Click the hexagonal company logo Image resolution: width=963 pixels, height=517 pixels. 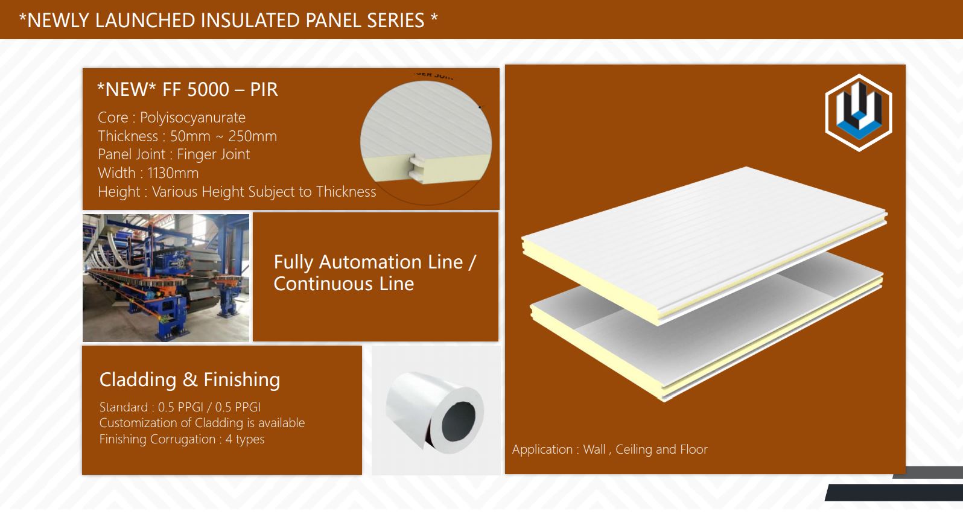[859, 113]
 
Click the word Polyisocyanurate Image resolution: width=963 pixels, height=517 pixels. [192, 117]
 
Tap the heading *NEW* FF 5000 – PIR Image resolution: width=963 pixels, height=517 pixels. [188, 89]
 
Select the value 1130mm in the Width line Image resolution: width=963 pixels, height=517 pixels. [173, 173]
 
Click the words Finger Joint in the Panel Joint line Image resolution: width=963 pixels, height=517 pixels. [213, 154]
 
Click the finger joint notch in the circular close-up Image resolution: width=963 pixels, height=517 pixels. [416, 168]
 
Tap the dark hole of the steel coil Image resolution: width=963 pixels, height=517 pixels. [459, 421]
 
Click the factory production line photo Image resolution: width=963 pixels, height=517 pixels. [166, 278]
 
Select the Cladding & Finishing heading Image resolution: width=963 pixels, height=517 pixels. [189, 379]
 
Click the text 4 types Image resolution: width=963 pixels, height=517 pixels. [245, 439]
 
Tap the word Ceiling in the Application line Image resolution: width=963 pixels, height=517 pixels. [634, 449]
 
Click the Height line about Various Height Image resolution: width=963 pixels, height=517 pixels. [237, 192]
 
